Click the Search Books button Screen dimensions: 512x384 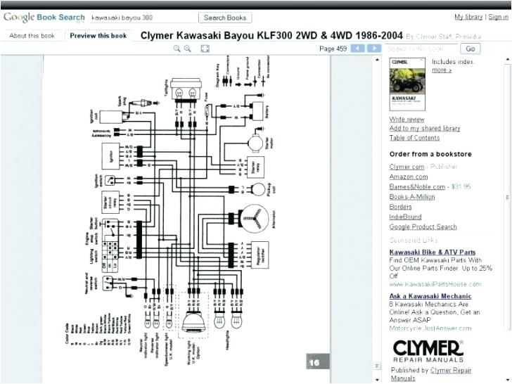pyautogui.click(x=225, y=17)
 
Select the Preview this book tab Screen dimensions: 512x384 pyautogui.click(x=98, y=35)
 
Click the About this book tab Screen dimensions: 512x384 pyautogui.click(x=32, y=35)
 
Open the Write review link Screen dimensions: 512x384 pyautogui.click(x=407, y=120)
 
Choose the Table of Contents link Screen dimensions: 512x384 pyautogui.click(x=414, y=138)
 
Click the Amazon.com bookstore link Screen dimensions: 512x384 pyautogui.click(x=409, y=177)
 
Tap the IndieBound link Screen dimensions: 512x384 pyautogui.click(x=405, y=217)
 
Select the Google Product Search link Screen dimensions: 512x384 pyautogui.click(x=423, y=226)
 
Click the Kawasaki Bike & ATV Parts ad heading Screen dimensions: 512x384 pyautogui.click(x=432, y=252)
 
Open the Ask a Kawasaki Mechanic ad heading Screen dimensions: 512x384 pyautogui.click(x=430, y=296)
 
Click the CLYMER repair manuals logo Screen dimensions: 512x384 pyautogui.click(x=427, y=350)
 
